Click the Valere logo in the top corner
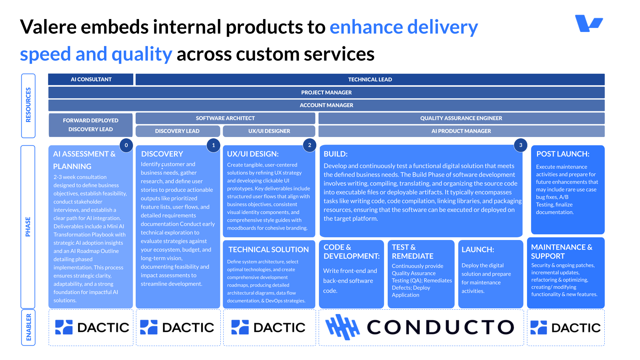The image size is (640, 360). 589,23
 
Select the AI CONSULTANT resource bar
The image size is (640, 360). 91,79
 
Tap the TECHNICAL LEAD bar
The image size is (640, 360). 370,79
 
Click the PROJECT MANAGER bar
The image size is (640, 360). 326,92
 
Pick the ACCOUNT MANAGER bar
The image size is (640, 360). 326,105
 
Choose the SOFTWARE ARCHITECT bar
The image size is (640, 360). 225,118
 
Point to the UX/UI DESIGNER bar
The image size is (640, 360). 269,131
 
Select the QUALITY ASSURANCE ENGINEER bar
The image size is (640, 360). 461,118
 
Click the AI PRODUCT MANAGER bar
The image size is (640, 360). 461,131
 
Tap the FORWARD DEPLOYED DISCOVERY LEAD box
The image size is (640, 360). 91,125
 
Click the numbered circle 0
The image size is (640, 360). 126,145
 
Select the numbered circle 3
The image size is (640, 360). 521,145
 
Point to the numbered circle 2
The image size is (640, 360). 310,145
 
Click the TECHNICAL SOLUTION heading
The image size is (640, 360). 268,249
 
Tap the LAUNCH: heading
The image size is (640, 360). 478,249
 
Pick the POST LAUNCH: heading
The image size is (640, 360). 563,154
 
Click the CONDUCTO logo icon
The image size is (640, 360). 342,327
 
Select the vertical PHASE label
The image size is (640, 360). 28,227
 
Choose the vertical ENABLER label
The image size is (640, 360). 28,327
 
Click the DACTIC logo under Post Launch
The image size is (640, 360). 566,328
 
